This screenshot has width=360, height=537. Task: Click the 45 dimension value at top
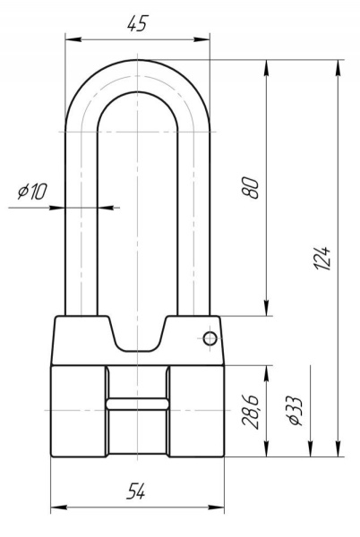point(137,23)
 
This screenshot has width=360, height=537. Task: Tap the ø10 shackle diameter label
point(32,192)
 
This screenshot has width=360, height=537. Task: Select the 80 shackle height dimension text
point(250,187)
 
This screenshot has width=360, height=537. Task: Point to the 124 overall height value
point(322,258)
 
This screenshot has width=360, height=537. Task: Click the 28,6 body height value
point(250,412)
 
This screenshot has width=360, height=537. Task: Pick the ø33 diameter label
point(296,412)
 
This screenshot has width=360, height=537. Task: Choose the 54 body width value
point(136,491)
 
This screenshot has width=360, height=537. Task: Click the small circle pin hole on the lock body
point(210,338)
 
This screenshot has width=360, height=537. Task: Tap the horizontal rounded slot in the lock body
point(137,404)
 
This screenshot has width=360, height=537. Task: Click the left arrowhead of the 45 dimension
point(73,39)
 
